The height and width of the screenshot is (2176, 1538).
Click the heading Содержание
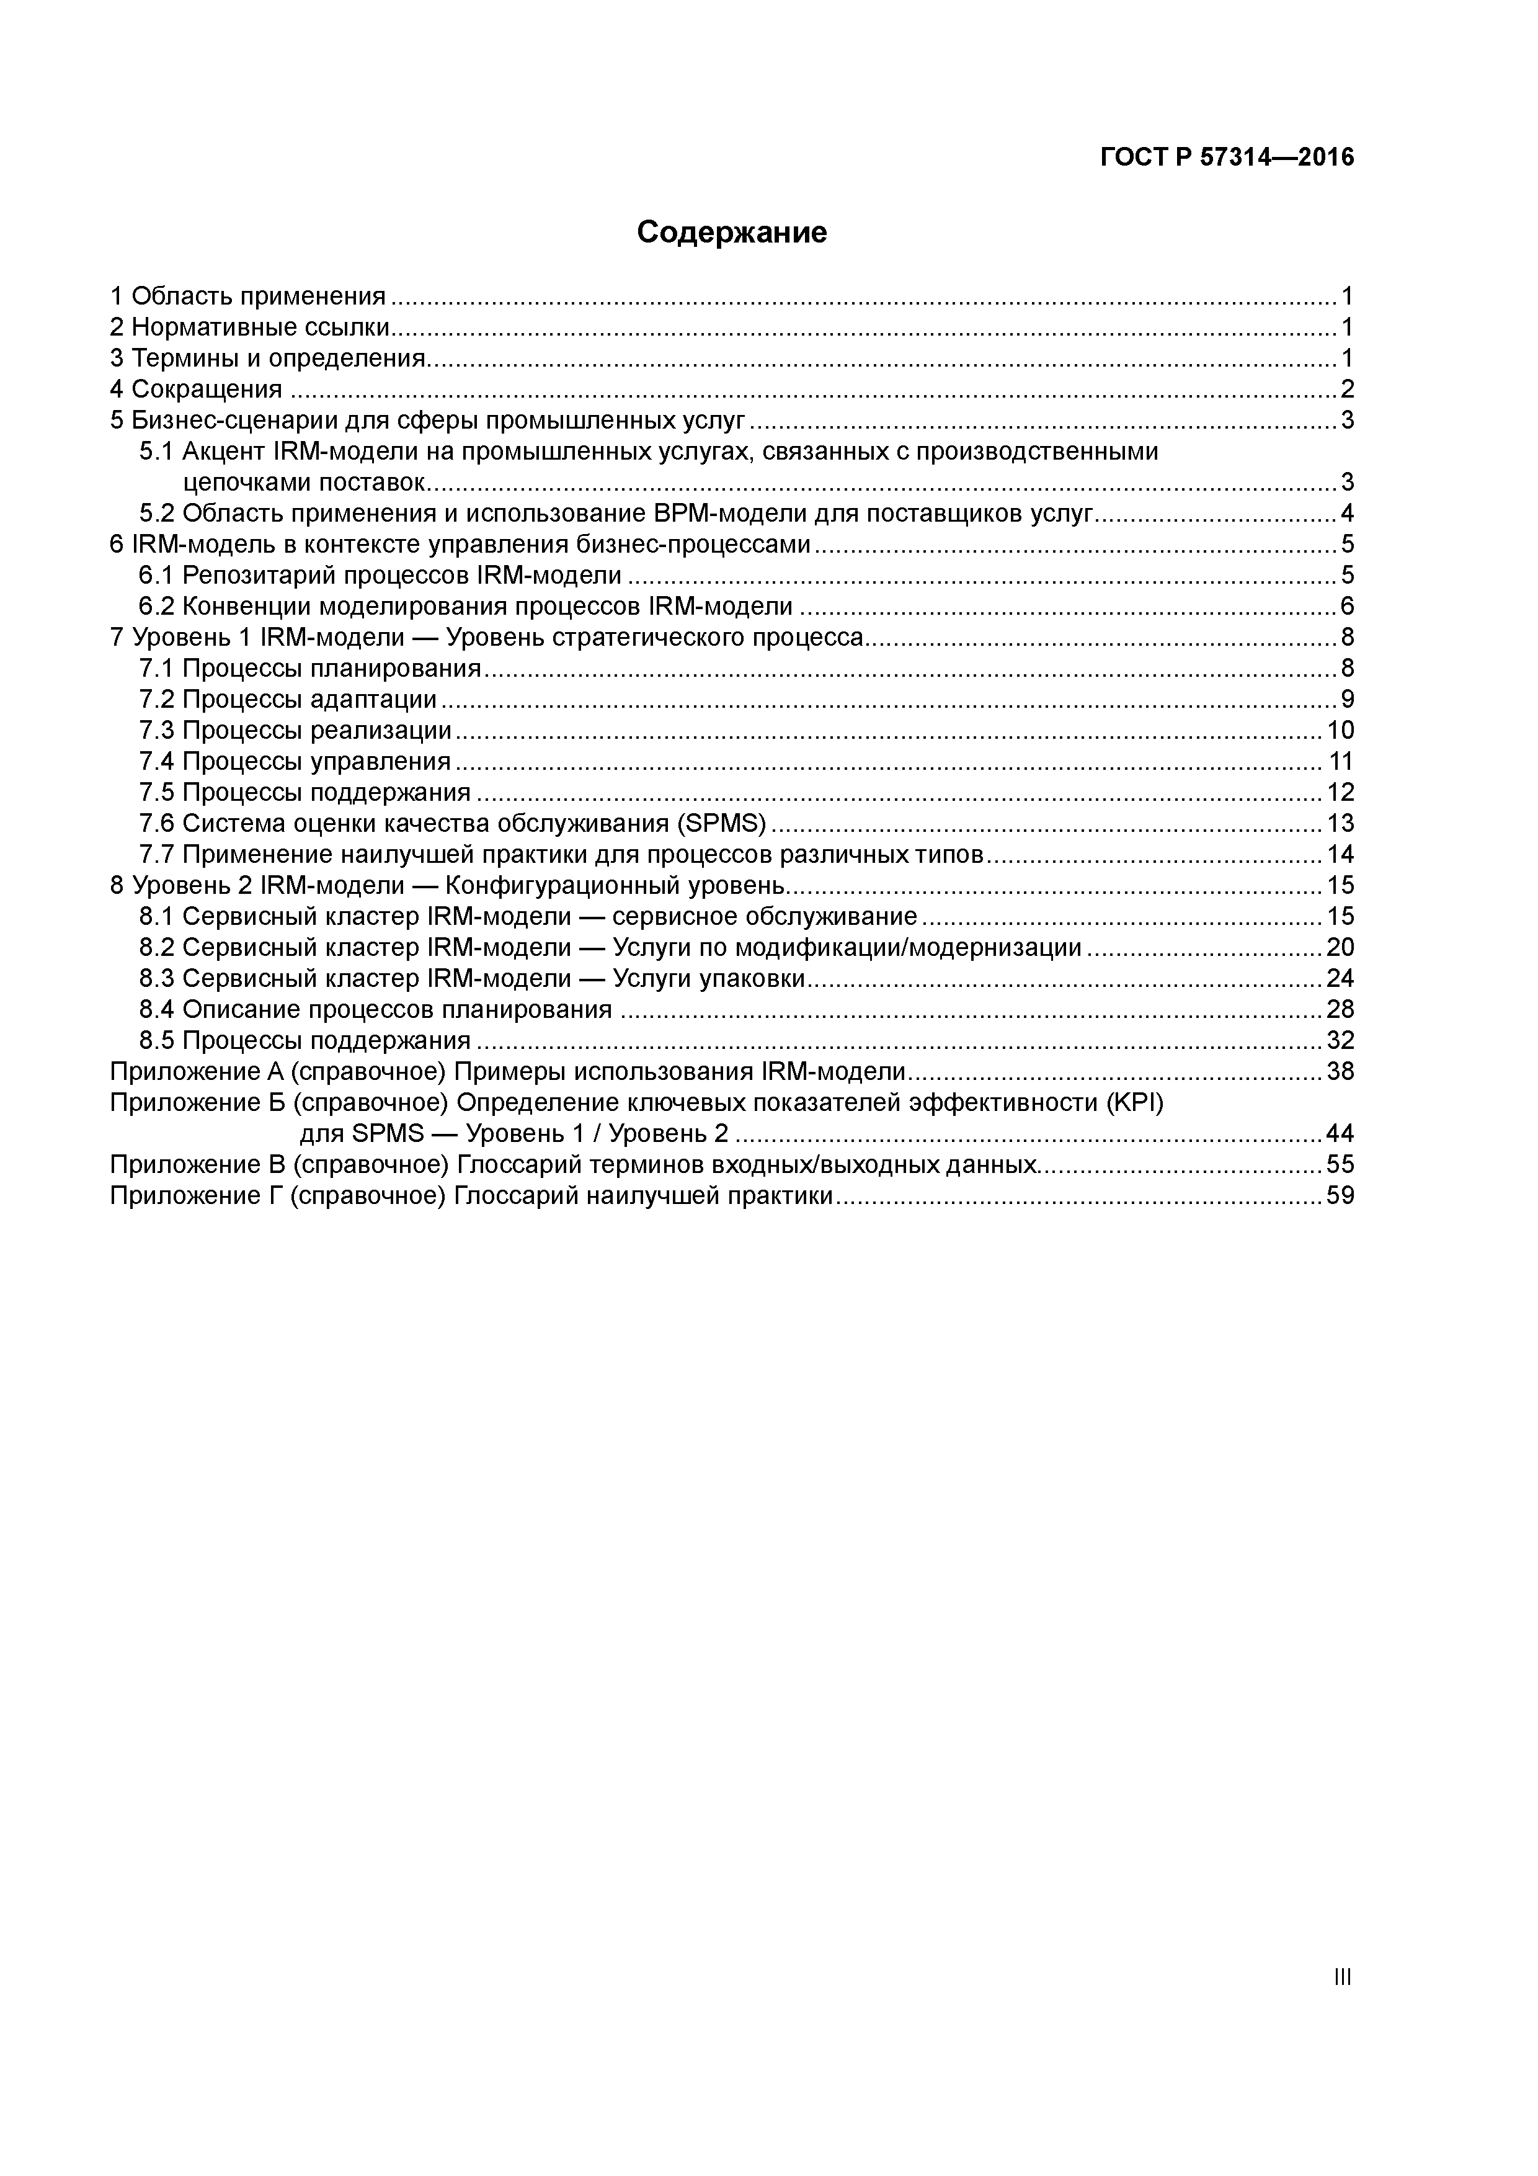pos(732,232)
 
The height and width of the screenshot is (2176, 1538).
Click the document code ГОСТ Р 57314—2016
pos(1227,158)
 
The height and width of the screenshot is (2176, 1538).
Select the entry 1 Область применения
pos(248,297)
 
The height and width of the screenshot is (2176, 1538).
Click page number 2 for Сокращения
pos(1346,390)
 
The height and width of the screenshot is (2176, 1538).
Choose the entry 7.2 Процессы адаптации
pos(288,700)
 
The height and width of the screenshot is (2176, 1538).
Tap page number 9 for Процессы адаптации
pos(1346,700)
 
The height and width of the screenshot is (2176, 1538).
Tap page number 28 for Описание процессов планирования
pos(1340,1009)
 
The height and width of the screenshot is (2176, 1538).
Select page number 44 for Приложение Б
pos(1340,1133)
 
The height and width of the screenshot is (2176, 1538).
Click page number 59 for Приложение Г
pos(1340,1196)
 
